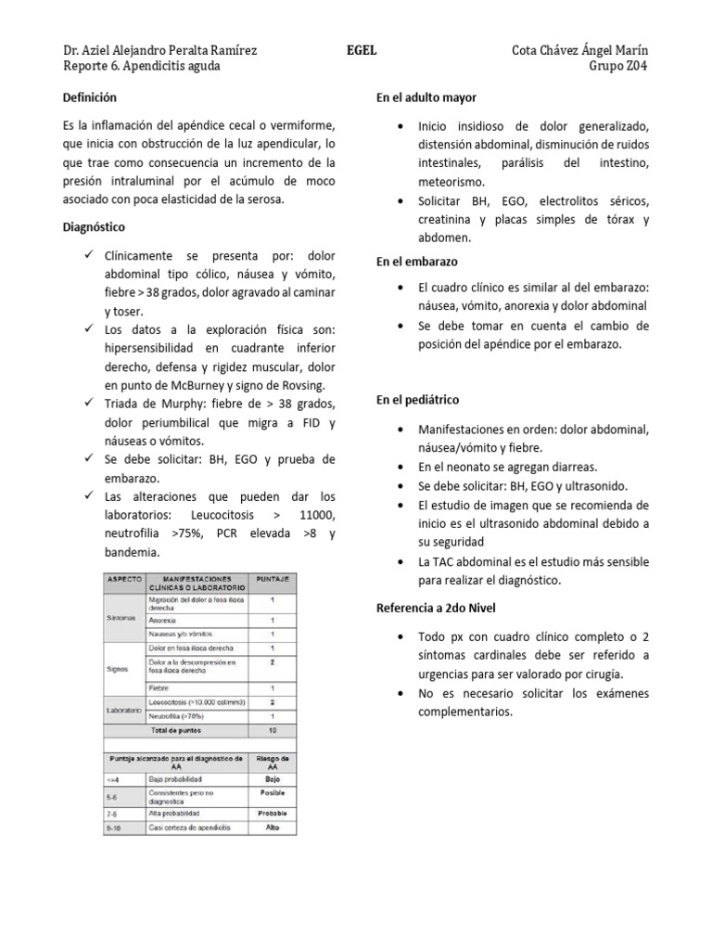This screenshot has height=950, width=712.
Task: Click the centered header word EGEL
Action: (x=362, y=50)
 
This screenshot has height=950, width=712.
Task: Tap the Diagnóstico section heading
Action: (x=94, y=226)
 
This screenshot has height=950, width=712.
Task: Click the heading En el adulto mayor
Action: (x=426, y=96)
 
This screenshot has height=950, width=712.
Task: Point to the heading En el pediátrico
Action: (x=417, y=400)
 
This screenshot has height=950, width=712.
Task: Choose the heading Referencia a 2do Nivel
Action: (x=436, y=608)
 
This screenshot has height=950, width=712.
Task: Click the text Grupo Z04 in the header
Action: (x=618, y=66)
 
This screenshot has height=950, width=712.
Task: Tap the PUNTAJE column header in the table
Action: (x=272, y=578)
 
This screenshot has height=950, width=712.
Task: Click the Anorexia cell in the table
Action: (x=161, y=620)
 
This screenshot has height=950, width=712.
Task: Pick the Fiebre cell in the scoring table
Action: (x=159, y=688)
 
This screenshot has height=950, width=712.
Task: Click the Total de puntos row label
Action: (x=176, y=729)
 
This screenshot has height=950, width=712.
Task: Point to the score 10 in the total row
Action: (x=273, y=729)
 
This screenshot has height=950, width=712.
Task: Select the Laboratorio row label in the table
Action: (x=123, y=710)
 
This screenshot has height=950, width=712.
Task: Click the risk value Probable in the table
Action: (x=273, y=812)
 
